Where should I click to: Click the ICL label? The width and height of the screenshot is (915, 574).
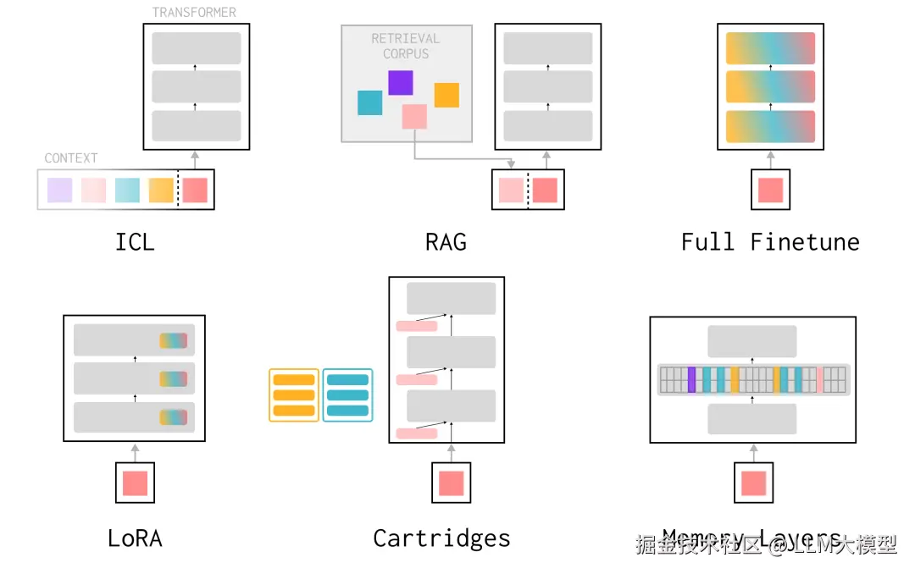[x=135, y=242]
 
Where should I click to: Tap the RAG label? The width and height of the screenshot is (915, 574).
[x=446, y=242]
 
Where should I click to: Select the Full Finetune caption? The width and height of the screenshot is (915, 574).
[x=770, y=242]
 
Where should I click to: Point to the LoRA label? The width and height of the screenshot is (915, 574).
[x=135, y=538]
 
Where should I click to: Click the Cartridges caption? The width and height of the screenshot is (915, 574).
[x=441, y=538]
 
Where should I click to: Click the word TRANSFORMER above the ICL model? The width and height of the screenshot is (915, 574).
[x=194, y=13]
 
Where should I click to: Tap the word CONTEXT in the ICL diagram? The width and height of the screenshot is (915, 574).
[x=70, y=158]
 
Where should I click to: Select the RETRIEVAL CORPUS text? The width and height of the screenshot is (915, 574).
[x=406, y=46]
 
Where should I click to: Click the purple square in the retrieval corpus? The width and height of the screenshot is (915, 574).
[x=400, y=82]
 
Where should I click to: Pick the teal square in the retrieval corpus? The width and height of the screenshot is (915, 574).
[x=369, y=102]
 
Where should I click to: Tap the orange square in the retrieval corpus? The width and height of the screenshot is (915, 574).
[x=446, y=95]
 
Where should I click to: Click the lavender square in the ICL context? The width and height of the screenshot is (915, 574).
[x=59, y=190]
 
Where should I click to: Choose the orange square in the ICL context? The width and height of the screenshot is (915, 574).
[x=161, y=190]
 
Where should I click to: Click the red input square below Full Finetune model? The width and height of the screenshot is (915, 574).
[x=770, y=190]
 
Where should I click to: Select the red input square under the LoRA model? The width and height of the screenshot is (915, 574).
[x=135, y=483]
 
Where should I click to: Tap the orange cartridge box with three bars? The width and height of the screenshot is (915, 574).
[x=294, y=395]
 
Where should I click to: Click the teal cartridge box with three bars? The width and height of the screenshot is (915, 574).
[x=347, y=395]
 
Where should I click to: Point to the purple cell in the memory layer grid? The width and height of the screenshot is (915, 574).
[x=691, y=380]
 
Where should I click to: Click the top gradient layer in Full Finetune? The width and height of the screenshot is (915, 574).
[x=770, y=48]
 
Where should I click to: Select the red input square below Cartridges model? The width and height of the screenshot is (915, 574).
[x=451, y=483]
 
